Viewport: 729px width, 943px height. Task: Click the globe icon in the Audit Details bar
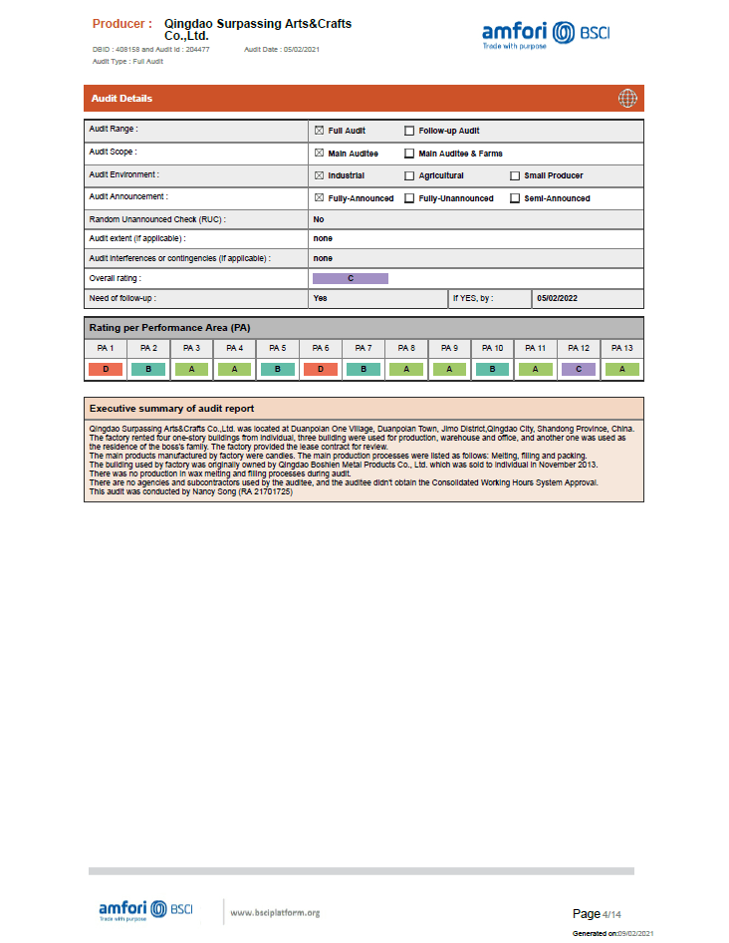coord(627,98)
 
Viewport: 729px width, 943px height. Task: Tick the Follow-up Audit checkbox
coord(409,131)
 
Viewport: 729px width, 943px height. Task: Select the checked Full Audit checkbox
coord(319,131)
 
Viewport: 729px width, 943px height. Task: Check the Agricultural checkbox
coord(409,175)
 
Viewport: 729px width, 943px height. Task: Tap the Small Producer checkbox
coord(515,175)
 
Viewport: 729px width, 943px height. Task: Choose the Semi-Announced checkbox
coord(515,198)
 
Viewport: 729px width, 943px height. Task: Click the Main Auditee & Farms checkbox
coord(409,154)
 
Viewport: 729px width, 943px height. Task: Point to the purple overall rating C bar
coord(351,278)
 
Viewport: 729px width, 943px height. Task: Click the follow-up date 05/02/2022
coord(558,298)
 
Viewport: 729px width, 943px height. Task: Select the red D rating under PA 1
coord(106,369)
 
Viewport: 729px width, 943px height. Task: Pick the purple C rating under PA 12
coord(579,369)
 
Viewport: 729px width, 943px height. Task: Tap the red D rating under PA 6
coord(320,369)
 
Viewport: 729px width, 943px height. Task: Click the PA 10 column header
coord(492,348)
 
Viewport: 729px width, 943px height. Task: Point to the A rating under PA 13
coord(621,369)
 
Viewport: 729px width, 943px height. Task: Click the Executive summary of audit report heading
coord(171,409)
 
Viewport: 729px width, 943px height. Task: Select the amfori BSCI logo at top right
coord(546,33)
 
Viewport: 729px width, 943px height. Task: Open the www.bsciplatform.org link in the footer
coord(274,912)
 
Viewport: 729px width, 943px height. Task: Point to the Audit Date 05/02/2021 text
coord(282,49)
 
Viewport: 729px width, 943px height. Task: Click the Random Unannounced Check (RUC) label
coord(157,218)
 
